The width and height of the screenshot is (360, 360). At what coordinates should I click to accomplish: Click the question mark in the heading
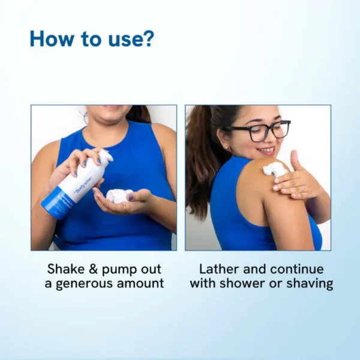coord(148,39)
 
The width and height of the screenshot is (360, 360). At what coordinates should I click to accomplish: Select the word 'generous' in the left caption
coord(91,283)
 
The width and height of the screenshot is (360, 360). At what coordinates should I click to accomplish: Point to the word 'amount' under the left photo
coord(141,283)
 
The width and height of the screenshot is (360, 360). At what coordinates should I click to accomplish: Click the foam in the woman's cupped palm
coord(118,196)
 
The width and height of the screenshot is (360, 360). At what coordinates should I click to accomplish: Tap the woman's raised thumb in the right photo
coord(295,160)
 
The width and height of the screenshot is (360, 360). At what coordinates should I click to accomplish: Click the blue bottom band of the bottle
coord(56,205)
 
